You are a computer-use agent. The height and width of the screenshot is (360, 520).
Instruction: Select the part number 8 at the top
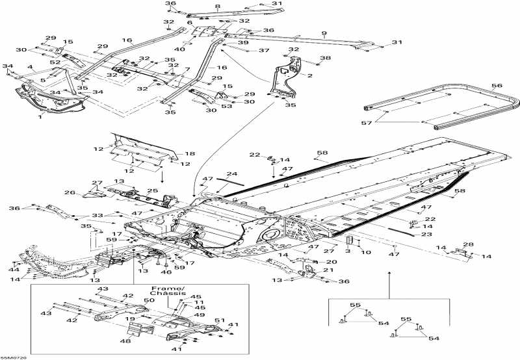click(217, 6)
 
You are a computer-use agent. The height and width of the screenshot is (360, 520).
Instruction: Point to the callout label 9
click(324, 33)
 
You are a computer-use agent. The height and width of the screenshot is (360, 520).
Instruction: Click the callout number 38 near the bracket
click(324, 58)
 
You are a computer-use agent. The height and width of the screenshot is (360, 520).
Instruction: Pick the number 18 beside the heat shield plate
click(190, 153)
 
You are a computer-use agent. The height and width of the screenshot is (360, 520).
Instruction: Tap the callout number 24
click(231, 174)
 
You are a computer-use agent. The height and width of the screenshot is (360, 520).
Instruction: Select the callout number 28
click(469, 244)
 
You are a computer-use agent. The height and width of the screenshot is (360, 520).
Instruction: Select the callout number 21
click(328, 270)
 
